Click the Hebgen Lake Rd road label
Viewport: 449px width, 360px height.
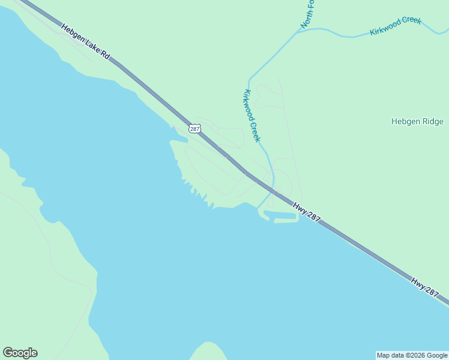pyautogui.click(x=86, y=41)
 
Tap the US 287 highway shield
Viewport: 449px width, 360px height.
pyautogui.click(x=194, y=128)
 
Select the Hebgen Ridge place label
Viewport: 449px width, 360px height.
pyautogui.click(x=417, y=121)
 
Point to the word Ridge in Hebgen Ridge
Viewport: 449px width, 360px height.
pyautogui.click(x=432, y=121)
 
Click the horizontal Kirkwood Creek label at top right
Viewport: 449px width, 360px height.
pyautogui.click(x=396, y=26)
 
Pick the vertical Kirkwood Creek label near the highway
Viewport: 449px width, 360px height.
pyautogui.click(x=252, y=116)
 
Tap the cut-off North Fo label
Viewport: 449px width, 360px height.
pyautogui.click(x=307, y=13)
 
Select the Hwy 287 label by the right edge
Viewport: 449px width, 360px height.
pyautogui.click(x=425, y=286)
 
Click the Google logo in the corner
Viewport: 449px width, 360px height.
pyautogui.click(x=20, y=353)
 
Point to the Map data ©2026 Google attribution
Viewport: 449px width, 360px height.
pyautogui.click(x=412, y=355)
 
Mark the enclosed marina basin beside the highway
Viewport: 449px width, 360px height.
pyautogui.click(x=280, y=215)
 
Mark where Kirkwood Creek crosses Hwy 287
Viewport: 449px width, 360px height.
pyautogui.click(x=274, y=191)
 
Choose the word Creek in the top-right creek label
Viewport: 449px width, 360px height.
pyautogui.click(x=411, y=22)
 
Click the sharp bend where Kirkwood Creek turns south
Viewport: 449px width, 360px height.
pyautogui.click(x=249, y=79)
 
